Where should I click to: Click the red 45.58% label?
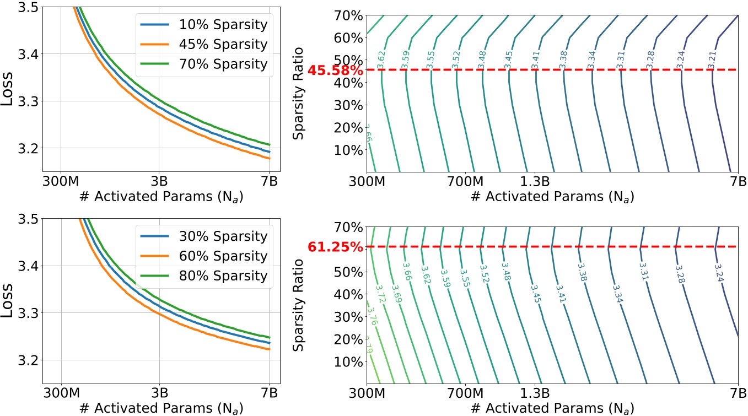(336, 71)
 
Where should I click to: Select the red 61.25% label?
(336, 247)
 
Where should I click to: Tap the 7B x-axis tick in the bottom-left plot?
(268, 395)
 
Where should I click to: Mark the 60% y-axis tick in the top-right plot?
(349, 37)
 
